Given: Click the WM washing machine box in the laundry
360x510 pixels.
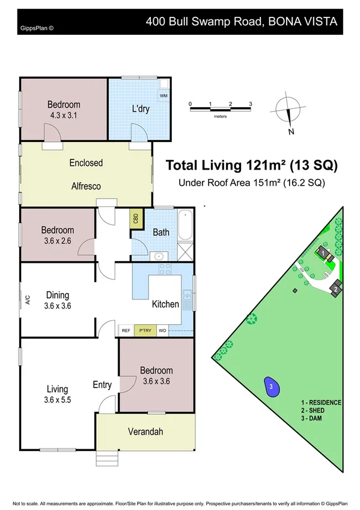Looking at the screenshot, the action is pyautogui.click(x=163, y=96).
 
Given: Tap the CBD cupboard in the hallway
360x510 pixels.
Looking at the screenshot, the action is pyautogui.click(x=136, y=218).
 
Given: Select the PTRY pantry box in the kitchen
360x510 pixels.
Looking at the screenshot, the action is pyautogui.click(x=145, y=330).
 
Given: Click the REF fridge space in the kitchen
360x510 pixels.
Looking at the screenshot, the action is pyautogui.click(x=126, y=330).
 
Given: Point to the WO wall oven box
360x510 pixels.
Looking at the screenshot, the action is pyautogui.click(x=162, y=330).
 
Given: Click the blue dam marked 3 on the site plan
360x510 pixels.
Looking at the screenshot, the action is pyautogui.click(x=272, y=387).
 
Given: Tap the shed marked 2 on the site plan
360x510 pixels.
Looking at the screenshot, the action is pyautogui.click(x=335, y=288).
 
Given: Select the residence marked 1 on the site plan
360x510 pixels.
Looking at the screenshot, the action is pyautogui.click(x=323, y=253).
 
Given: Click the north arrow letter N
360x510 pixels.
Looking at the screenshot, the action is pyautogui.click(x=291, y=131).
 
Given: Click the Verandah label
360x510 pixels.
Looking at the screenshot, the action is pyautogui.click(x=145, y=432).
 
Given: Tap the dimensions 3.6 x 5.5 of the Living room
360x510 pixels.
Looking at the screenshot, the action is pyautogui.click(x=58, y=400).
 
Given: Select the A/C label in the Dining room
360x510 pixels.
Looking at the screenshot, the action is pyautogui.click(x=28, y=300).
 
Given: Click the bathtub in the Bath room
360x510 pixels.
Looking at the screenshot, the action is pyautogui.click(x=186, y=225).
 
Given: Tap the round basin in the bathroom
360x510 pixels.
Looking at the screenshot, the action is pyautogui.click(x=159, y=256).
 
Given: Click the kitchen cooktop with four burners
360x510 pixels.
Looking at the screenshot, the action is pyautogui.click(x=165, y=269).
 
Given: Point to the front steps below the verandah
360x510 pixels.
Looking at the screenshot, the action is pyautogui.click(x=107, y=458).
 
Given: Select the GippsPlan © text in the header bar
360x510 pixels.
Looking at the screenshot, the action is pyautogui.click(x=37, y=28).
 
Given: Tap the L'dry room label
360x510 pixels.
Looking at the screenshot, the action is pyautogui.click(x=141, y=108).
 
